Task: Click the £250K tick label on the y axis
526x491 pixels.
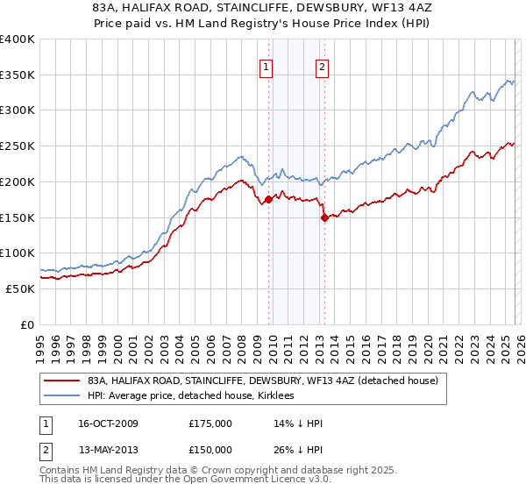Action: [x=18, y=146]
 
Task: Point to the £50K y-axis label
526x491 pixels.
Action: [x=20, y=288]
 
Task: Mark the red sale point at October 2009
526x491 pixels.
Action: [x=268, y=200]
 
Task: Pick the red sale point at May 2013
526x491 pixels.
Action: [x=323, y=217]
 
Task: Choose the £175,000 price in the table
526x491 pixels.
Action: [x=210, y=423]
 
